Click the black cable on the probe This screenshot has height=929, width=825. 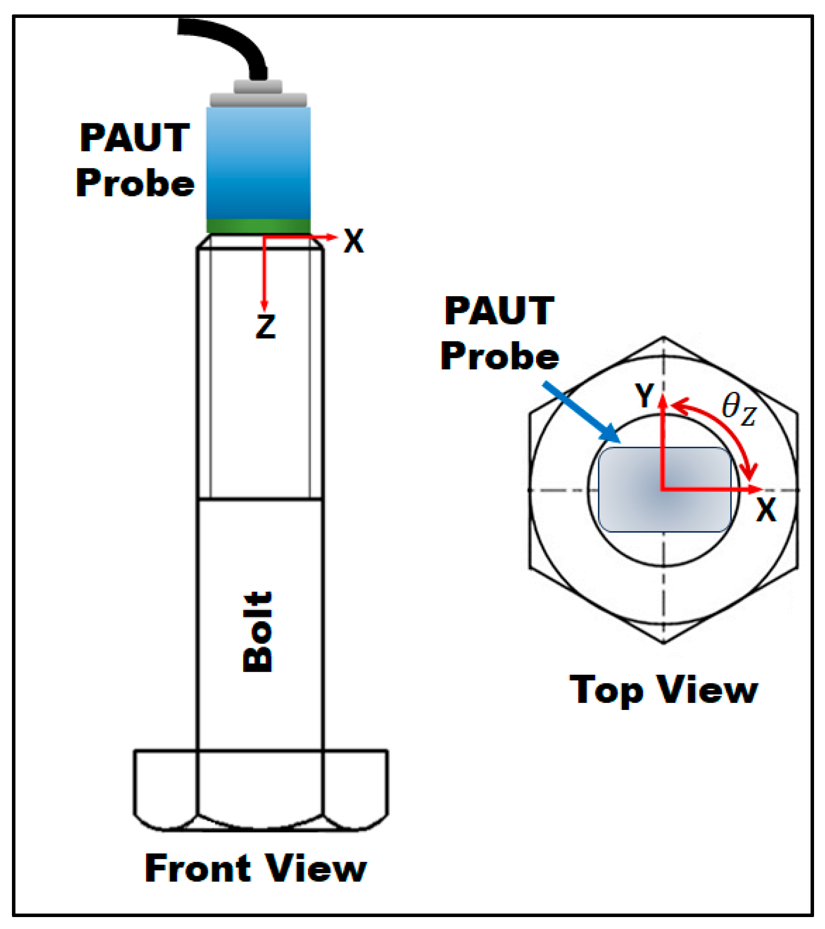(x=234, y=40)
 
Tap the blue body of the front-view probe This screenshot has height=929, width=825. (x=259, y=164)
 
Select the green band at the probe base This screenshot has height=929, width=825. (x=259, y=226)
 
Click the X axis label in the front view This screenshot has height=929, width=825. (x=354, y=242)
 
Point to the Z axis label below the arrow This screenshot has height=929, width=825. (x=266, y=327)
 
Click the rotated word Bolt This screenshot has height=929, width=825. (x=258, y=631)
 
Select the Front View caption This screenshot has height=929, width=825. (x=256, y=868)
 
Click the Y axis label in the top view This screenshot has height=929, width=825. (x=645, y=396)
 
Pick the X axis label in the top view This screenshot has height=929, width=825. (x=766, y=510)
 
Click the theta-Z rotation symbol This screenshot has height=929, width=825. (x=739, y=409)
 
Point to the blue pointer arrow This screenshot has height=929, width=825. (x=580, y=411)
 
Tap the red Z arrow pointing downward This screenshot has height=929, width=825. (x=264, y=274)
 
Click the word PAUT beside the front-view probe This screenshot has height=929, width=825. (x=135, y=138)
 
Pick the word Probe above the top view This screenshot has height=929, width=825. (x=500, y=356)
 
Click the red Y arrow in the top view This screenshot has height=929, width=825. (x=663, y=438)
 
